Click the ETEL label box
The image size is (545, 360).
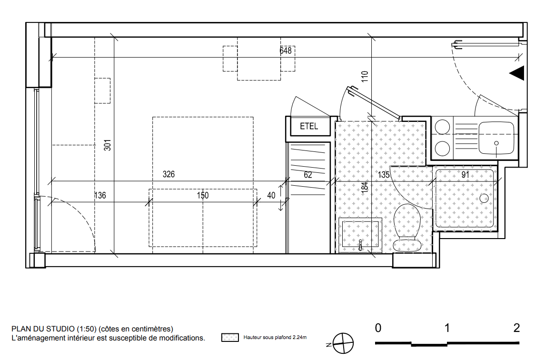pyautogui.click(x=308, y=126)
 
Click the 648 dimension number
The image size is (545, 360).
pyautogui.click(x=286, y=51)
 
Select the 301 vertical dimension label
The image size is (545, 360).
pyautogui.click(x=108, y=145)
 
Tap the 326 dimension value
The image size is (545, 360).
pyautogui.click(x=168, y=174)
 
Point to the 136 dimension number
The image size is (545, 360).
pyautogui.click(x=100, y=196)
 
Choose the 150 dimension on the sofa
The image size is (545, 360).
pyautogui.click(x=203, y=196)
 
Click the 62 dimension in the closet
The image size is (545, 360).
pyautogui.click(x=307, y=175)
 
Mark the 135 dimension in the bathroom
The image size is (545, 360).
pyautogui.click(x=384, y=175)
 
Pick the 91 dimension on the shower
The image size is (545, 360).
pyautogui.click(x=465, y=175)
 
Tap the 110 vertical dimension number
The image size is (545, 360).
pyautogui.click(x=364, y=76)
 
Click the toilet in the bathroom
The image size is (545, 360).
pyautogui.click(x=407, y=227)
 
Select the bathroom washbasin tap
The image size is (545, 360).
pyautogui.click(x=360, y=244)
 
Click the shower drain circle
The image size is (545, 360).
pyautogui.click(x=484, y=198)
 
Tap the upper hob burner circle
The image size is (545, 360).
pyautogui.click(x=443, y=127)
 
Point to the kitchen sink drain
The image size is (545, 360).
pyautogui.click(x=496, y=143)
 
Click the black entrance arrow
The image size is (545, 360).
pyautogui.click(x=517, y=73)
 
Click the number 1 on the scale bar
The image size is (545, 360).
pyautogui.click(x=447, y=328)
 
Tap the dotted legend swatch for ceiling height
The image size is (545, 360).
pyautogui.click(x=230, y=338)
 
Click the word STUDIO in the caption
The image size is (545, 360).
pyautogui.click(x=60, y=329)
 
